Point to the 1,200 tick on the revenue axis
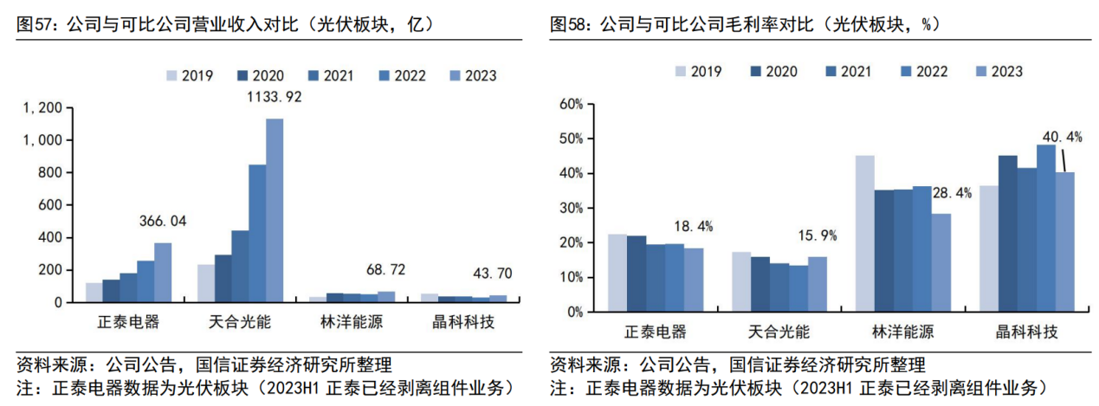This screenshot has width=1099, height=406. pos(42,107)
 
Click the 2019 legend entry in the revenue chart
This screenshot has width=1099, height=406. pos(190,76)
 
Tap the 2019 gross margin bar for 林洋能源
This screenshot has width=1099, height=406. pos(864,234)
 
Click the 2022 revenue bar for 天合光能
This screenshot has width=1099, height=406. pos(257,234)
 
